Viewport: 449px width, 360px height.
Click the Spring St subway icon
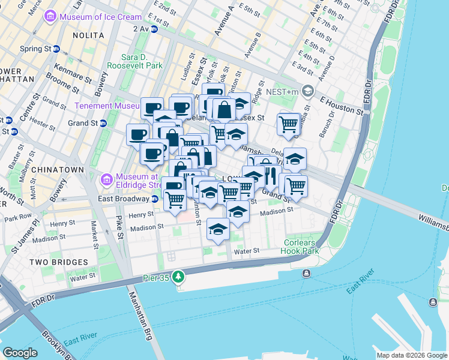tap(56, 49)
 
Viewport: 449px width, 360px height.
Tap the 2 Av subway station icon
tap(154, 28)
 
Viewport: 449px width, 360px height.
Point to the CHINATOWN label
tap(58, 170)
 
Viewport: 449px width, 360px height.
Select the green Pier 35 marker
tap(178, 277)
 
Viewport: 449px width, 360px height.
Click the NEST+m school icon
tap(309, 91)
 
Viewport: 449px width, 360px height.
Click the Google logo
tap(20, 353)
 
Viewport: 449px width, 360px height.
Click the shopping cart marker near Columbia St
tap(289, 124)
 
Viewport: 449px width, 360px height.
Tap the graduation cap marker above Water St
tap(218, 229)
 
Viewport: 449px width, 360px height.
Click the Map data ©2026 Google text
tap(412, 355)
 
